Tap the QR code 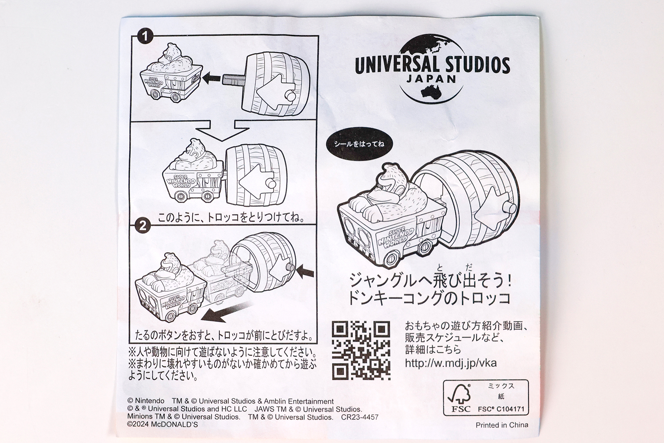point(361,350)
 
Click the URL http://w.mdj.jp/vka point(451,363)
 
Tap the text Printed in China point(502,425)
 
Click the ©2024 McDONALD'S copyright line point(163,425)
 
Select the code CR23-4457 point(360,417)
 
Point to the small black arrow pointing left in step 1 point(211,79)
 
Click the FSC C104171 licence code point(501,409)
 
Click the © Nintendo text point(146,401)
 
